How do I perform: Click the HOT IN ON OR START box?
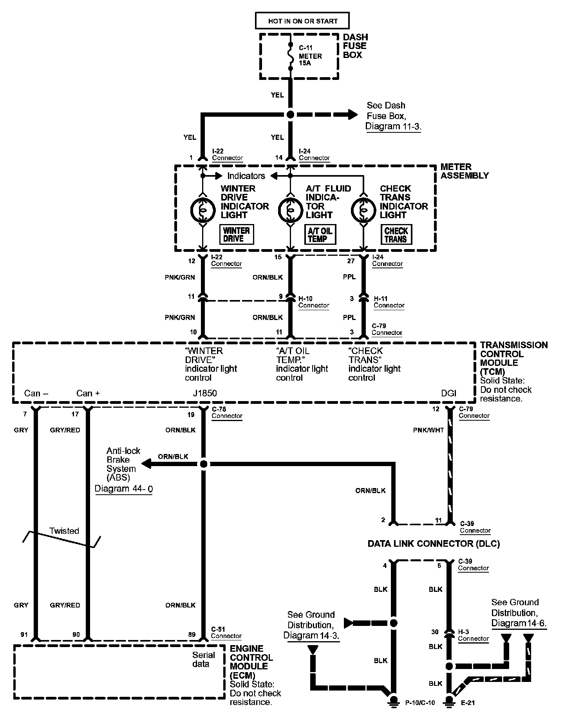click(x=302, y=21)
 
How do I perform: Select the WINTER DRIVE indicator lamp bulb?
click(x=203, y=210)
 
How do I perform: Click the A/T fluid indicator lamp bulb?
click(x=291, y=210)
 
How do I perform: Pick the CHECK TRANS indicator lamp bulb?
click(x=363, y=210)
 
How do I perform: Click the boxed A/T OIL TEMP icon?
click(x=320, y=235)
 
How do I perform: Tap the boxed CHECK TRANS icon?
click(x=396, y=235)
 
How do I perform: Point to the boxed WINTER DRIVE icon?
click(x=237, y=235)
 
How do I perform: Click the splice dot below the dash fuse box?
click(x=290, y=115)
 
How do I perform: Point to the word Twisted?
click(x=64, y=531)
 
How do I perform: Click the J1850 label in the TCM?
click(x=205, y=393)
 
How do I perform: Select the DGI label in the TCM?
click(x=448, y=393)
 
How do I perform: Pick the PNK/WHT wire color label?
click(x=428, y=430)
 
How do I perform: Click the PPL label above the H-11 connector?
click(x=349, y=277)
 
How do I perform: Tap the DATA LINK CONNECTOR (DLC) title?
click(x=434, y=544)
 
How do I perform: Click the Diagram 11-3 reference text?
click(x=393, y=127)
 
